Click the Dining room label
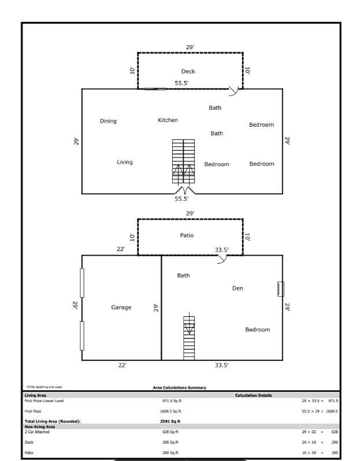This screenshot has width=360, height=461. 108,121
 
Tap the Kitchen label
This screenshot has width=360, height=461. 168,120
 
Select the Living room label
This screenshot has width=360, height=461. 125,162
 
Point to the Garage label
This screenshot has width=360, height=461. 121,307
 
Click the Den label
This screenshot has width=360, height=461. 237,288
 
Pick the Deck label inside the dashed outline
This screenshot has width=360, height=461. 188,72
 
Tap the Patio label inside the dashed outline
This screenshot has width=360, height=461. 187,235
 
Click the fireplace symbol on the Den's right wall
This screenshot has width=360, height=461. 281,288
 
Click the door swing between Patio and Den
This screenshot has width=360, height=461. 221,259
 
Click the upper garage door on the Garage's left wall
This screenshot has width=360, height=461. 82,283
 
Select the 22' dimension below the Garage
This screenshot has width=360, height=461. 122,366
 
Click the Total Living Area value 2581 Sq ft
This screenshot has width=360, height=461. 170,422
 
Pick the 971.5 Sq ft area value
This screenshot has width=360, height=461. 170,400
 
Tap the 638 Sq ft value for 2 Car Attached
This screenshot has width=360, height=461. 170,432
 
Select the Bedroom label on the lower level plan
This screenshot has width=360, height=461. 257,330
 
